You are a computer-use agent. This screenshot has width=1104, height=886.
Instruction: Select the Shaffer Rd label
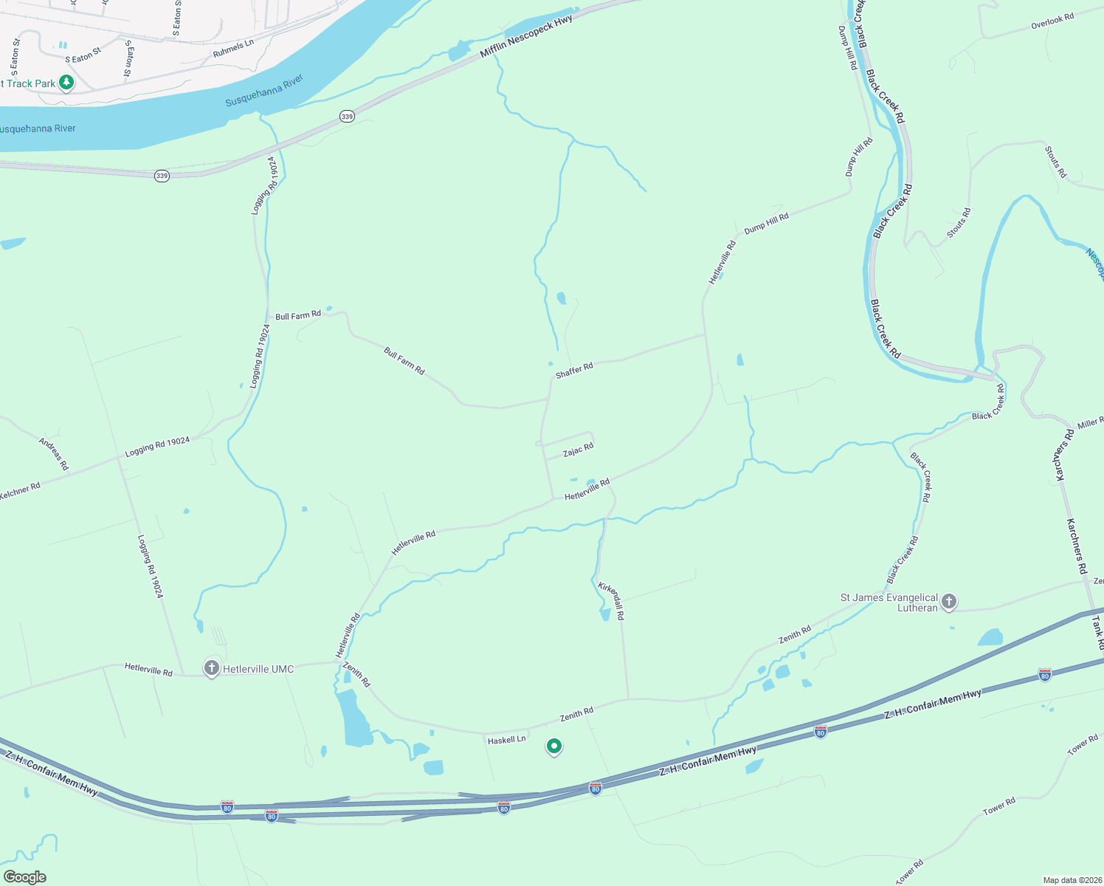(x=574, y=370)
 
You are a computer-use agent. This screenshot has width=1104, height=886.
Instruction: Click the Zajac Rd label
(x=578, y=450)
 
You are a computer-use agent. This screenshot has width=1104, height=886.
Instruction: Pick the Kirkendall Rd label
(x=612, y=600)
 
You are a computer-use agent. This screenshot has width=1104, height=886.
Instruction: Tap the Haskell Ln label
(x=506, y=739)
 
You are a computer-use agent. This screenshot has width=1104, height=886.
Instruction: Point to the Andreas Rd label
(x=53, y=453)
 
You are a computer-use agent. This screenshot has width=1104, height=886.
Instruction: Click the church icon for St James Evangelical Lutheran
(x=950, y=602)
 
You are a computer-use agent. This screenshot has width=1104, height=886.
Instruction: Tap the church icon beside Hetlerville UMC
(x=212, y=669)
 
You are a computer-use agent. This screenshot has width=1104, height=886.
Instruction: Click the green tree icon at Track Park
(x=66, y=82)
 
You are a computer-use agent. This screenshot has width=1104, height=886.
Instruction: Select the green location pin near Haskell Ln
(x=554, y=746)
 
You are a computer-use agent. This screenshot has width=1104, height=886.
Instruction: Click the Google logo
(x=24, y=877)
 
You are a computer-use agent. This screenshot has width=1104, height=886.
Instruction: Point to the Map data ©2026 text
(x=1071, y=880)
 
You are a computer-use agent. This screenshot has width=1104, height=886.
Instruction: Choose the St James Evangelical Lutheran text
(x=889, y=602)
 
